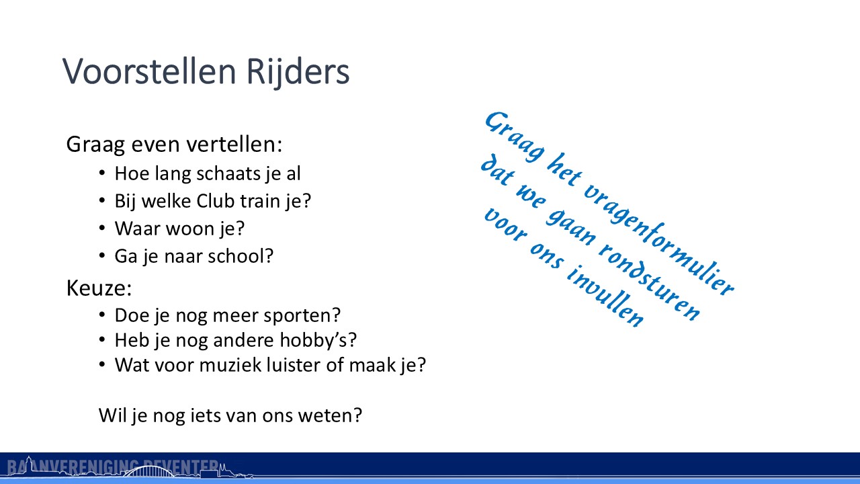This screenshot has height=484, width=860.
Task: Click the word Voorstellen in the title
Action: [149, 71]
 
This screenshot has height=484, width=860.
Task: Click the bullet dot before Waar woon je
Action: [101, 228]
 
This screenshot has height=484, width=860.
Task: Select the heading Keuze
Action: [99, 288]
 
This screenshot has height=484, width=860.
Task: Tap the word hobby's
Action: [314, 340]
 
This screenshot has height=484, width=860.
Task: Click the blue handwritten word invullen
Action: [605, 295]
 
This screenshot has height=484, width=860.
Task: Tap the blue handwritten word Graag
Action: [514, 136]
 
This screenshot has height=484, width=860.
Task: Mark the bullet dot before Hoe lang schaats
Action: [101, 173]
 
